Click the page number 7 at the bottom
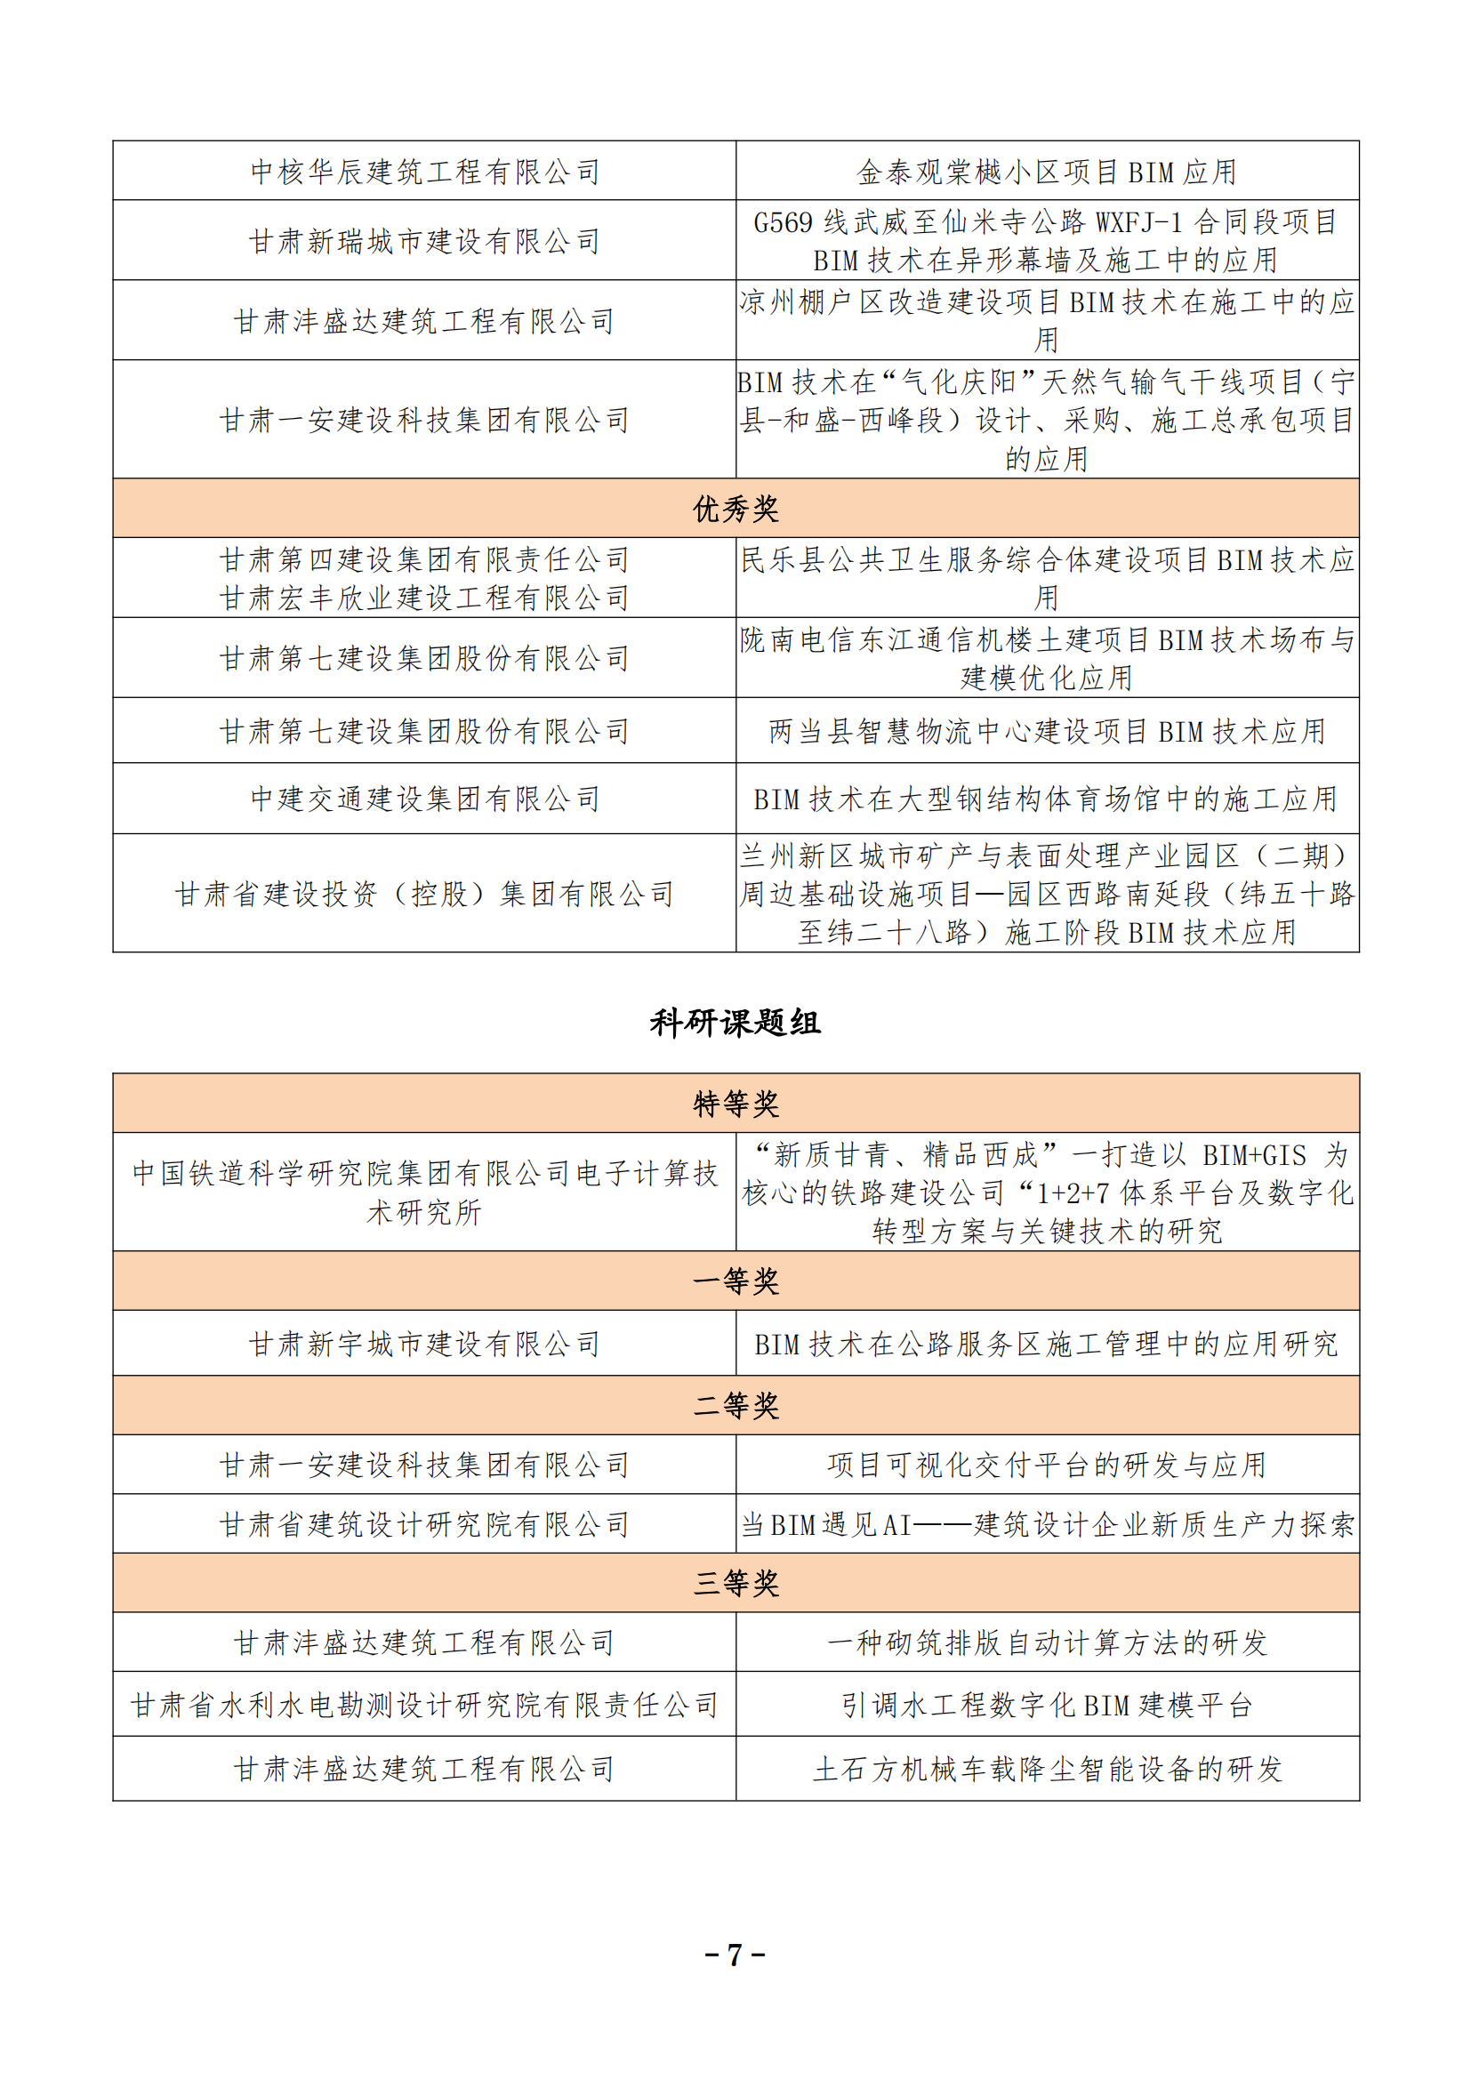click(735, 1954)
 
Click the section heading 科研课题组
click(735, 1023)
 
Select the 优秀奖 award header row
click(735, 509)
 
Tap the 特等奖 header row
click(735, 1104)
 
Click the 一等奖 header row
click(735, 1281)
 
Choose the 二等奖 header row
click(735, 1405)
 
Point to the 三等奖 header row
click(735, 1583)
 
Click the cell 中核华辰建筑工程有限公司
click(425, 172)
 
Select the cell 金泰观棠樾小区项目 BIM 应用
click(1046, 172)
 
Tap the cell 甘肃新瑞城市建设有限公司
click(425, 241)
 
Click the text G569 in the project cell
click(783, 222)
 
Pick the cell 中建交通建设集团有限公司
click(425, 798)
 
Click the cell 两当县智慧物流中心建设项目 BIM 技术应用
click(1046, 731)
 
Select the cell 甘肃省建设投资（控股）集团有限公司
click(425, 894)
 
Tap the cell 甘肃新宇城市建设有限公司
click(425, 1344)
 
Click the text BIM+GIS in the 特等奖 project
click(1254, 1155)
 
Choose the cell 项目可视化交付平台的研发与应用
click(1046, 1465)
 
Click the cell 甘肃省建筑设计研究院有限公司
click(425, 1525)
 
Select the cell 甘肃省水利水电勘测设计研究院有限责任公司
click(425, 1705)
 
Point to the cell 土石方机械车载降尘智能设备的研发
click(1046, 1769)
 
